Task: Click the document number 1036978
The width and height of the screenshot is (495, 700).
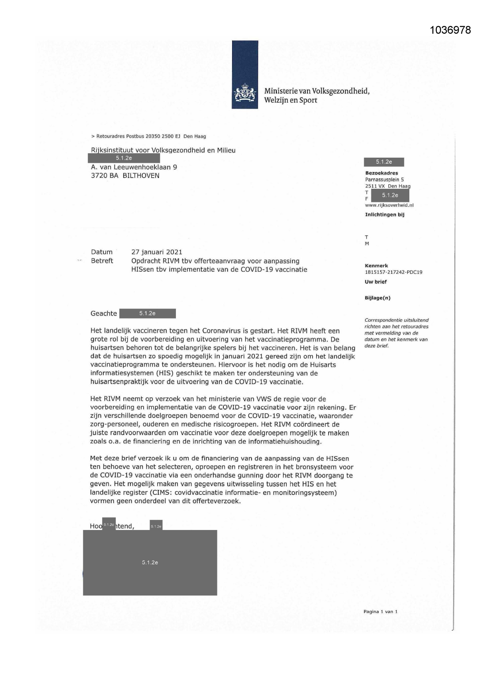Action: coord(450,30)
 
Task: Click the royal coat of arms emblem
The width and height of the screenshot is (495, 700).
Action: coord(245,93)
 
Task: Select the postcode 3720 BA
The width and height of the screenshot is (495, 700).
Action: coord(105,176)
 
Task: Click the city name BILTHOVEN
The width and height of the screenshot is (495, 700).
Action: coord(141,176)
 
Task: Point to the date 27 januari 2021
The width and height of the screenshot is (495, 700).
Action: coord(156,252)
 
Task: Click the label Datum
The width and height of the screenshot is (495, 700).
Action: coord(102,252)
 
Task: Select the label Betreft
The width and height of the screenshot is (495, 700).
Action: coord(102,261)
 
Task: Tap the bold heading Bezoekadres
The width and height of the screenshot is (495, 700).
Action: coord(381,173)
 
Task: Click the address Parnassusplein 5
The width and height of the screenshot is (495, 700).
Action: coord(384,180)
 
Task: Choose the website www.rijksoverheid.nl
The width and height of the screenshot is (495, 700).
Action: coord(389,205)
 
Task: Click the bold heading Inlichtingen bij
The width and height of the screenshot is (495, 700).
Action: coord(385,214)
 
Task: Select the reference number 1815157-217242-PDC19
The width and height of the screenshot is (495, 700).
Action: coord(393,272)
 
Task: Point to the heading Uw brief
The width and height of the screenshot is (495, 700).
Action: coord(375,282)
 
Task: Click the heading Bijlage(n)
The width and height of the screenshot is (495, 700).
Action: coord(377,298)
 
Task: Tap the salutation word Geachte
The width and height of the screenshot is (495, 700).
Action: coord(104,313)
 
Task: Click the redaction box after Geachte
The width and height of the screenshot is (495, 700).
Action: coord(147,313)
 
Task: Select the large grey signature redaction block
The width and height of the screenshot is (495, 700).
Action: coord(150,562)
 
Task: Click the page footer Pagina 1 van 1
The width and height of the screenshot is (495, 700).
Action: coord(380,611)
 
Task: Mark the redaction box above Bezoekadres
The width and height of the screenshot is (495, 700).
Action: coord(384,162)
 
